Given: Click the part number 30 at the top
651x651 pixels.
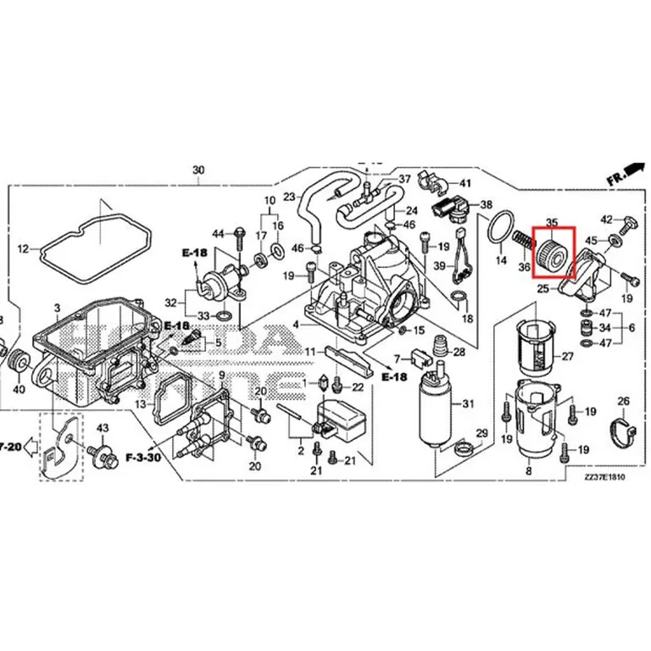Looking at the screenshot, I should [x=198, y=170].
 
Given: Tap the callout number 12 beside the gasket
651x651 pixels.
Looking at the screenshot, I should [x=23, y=249].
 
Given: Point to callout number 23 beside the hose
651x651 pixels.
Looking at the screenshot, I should [x=289, y=197].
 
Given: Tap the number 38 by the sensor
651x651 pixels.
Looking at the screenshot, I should [x=486, y=205].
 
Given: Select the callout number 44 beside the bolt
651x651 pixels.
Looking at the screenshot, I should [x=218, y=233].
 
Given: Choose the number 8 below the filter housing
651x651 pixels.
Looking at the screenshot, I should [x=528, y=470].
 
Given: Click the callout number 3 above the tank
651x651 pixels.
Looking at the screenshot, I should [x=57, y=306].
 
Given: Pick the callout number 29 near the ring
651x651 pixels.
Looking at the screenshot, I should [x=481, y=434].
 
